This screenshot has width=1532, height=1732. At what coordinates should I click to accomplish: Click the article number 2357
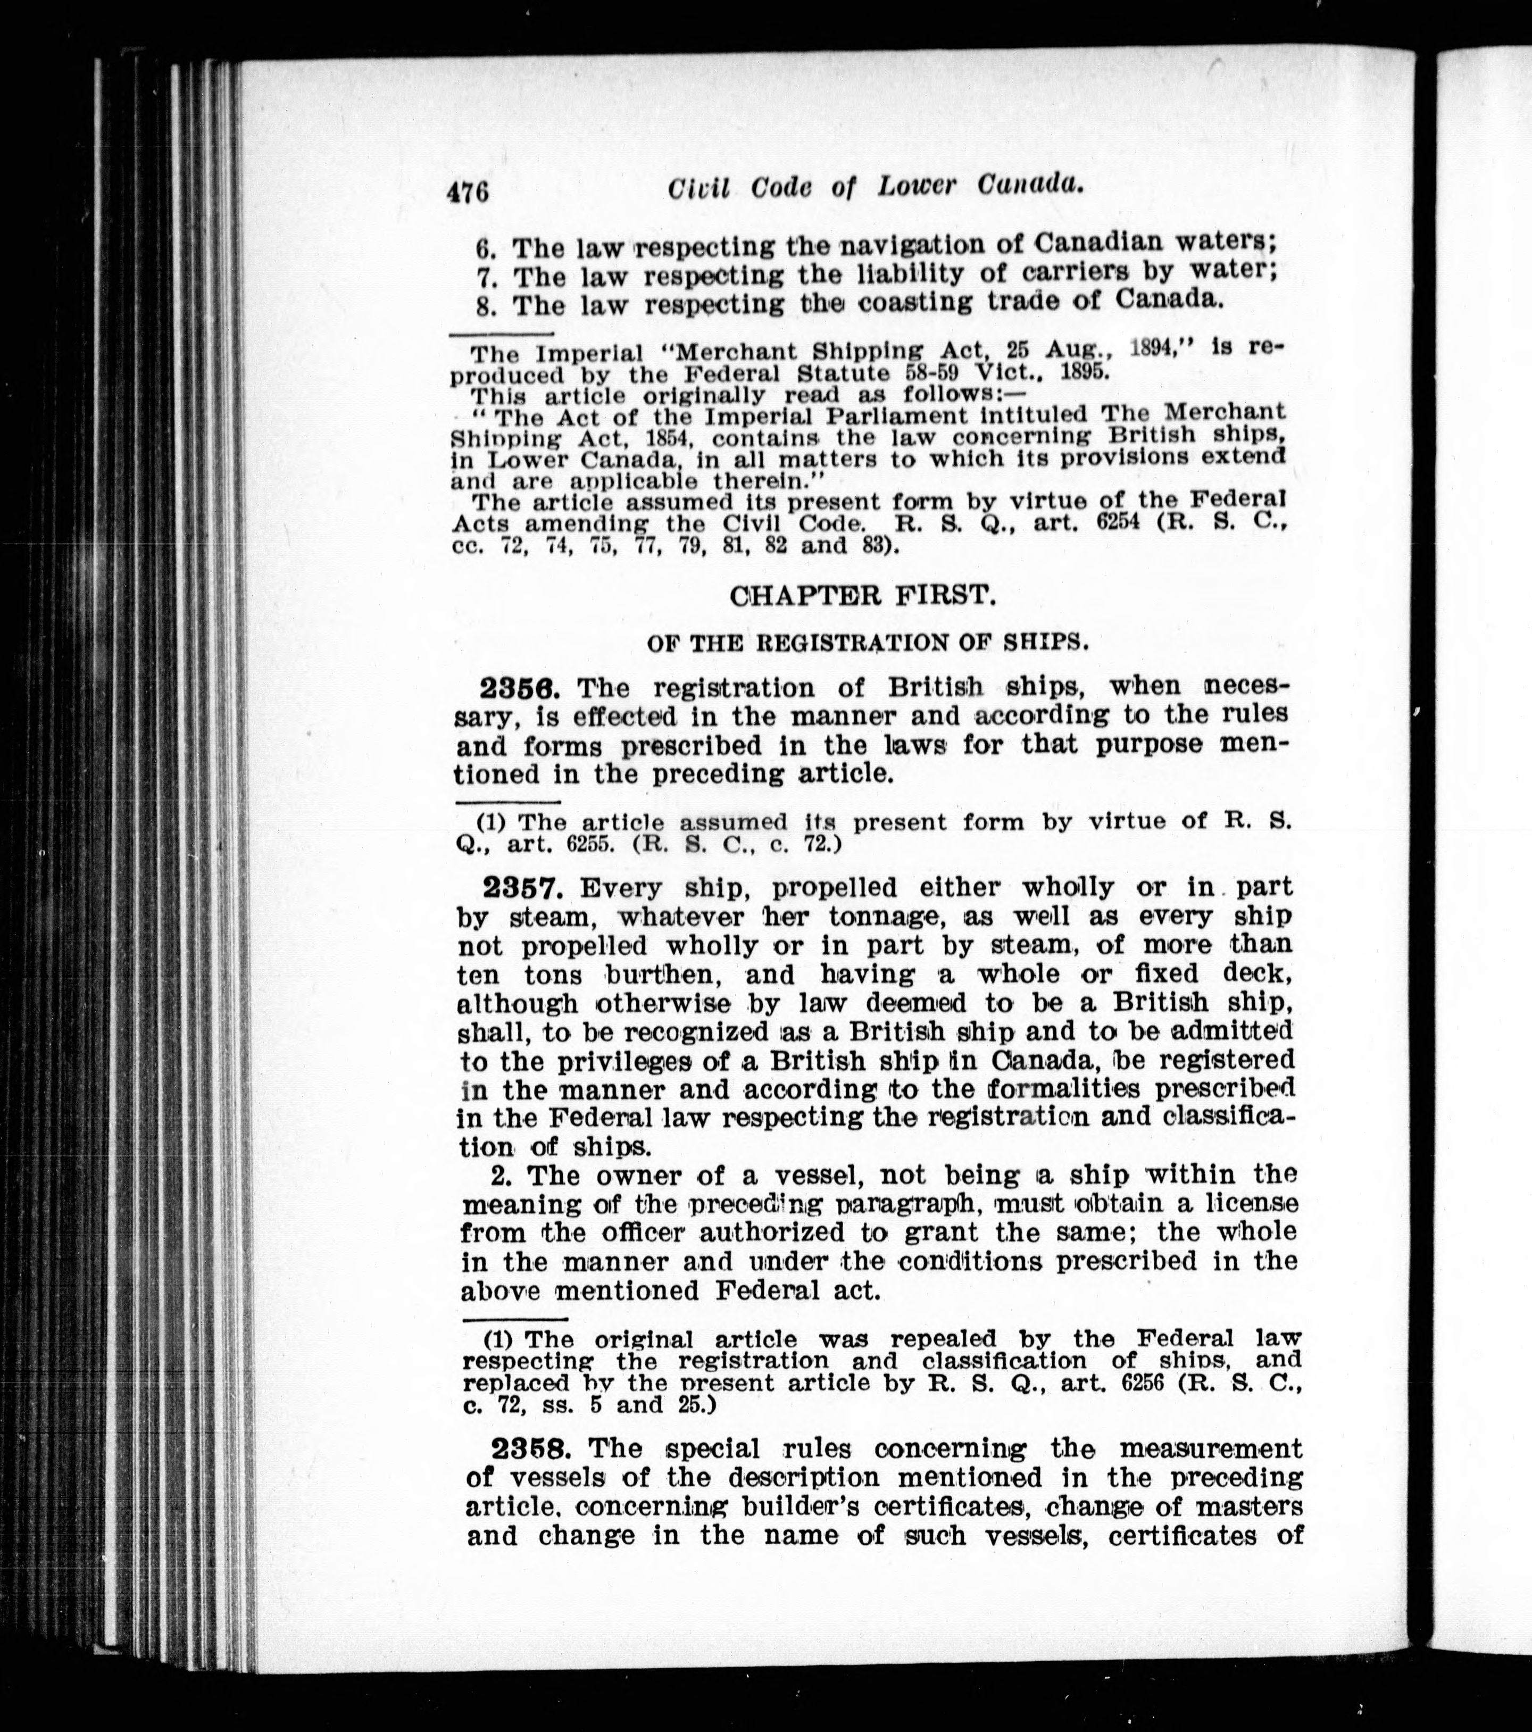522,888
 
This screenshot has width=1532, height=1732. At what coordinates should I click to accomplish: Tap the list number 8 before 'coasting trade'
486,305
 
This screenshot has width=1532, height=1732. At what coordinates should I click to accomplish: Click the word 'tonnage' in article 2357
889,917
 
